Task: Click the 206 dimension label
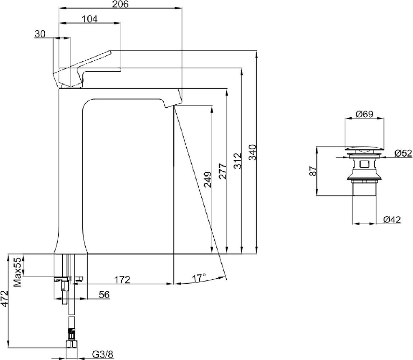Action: click(121, 4)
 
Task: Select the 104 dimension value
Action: click(90, 19)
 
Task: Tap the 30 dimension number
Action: click(40, 34)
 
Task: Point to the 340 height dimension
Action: click(252, 152)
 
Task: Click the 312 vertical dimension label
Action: click(237, 161)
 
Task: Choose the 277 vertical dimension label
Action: click(223, 171)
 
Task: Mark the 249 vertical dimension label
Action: click(208, 180)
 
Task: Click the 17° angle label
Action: click(199, 278)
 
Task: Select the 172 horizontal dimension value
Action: click(122, 280)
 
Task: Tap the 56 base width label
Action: click(104, 294)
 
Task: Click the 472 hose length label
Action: click(4, 298)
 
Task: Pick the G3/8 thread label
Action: click(103, 355)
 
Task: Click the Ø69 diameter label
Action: click(364, 114)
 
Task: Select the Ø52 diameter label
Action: click(403, 153)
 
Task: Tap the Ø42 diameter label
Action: click(392, 220)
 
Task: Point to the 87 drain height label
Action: click(313, 171)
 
